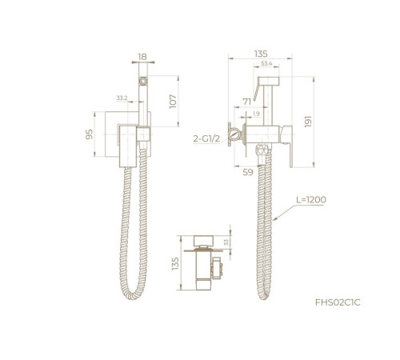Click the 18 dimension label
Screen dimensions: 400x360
click(142, 57)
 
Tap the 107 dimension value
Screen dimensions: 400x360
click(173, 102)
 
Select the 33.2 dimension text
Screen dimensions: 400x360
click(122, 98)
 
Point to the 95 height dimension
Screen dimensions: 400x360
click(90, 134)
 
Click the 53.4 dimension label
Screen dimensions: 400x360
click(266, 63)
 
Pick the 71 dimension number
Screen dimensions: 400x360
click(247, 102)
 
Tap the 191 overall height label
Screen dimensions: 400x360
click(308, 122)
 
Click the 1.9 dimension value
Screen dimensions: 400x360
click(256, 114)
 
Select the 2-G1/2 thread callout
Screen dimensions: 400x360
click(206, 138)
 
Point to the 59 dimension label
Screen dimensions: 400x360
click(248, 172)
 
